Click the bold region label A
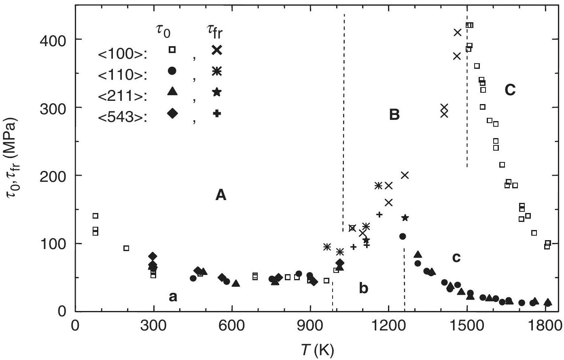tap(221, 196)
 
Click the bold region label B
tap(394, 115)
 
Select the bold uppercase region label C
tap(510, 90)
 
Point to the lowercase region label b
tap(364, 289)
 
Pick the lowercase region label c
tap(456, 258)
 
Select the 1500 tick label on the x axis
tap(467, 326)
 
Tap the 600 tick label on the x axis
tap(232, 326)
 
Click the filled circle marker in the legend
tap(172, 71)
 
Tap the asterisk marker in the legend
tap(217, 71)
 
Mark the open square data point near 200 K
tap(126, 248)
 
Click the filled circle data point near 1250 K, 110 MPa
tap(402, 236)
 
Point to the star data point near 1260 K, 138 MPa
tap(405, 218)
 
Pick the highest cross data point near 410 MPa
tap(458, 32)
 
